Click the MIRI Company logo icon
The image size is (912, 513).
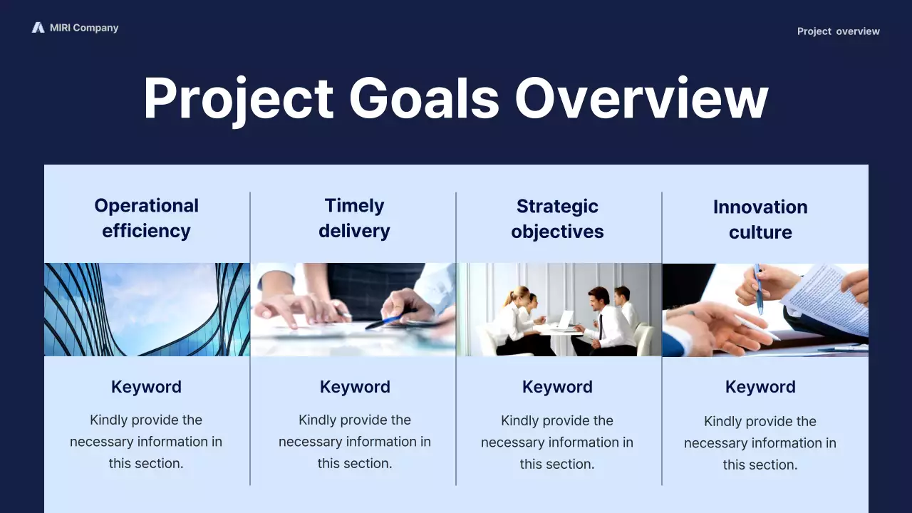coord(38,28)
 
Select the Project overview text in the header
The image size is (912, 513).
coord(838,31)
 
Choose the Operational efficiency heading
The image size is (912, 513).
coord(146,218)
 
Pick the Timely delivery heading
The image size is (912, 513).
coord(354,218)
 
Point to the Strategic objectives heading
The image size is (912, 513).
coord(557,219)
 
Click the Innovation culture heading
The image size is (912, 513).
coord(760,219)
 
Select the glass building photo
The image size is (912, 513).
coord(147,309)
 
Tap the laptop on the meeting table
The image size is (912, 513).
coord(566,320)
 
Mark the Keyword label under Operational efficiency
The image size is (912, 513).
coord(146,387)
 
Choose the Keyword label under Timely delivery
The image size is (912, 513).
coord(355,387)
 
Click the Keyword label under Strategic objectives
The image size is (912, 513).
coord(557,387)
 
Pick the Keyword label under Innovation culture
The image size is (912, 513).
coord(760,387)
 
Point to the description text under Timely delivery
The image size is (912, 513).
coord(355,442)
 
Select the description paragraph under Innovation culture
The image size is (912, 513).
coord(760,442)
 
